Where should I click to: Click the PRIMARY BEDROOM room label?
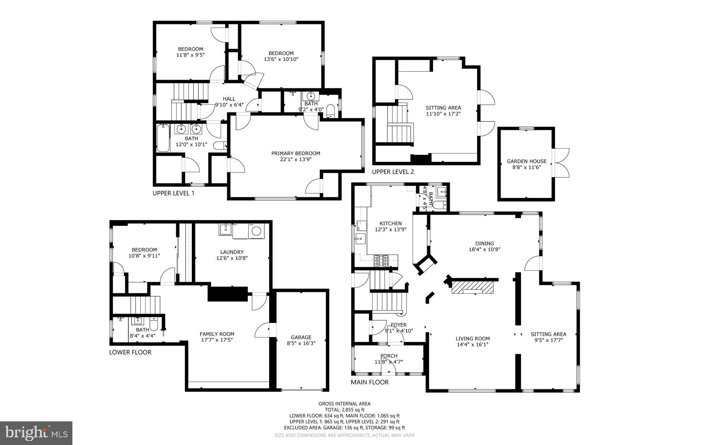click(x=296, y=153)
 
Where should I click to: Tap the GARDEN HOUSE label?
click(x=526, y=161)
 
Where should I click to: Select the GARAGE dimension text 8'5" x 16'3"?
click(x=301, y=343)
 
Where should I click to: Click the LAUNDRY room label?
click(x=232, y=252)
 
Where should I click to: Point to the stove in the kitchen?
click(x=381, y=261)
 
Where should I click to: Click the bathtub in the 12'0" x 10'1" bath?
click(x=163, y=138)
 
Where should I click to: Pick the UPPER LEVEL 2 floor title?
click(x=393, y=172)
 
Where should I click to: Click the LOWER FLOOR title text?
click(x=130, y=352)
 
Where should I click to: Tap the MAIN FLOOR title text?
click(x=369, y=382)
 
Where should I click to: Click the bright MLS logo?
click(x=36, y=433)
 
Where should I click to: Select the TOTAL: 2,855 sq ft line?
click(x=344, y=410)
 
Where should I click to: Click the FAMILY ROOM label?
click(x=217, y=334)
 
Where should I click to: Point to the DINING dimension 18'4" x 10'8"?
click(x=485, y=249)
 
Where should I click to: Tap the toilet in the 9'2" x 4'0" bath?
click(x=330, y=111)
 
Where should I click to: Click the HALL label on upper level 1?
click(x=229, y=99)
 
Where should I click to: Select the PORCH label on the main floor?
click(x=389, y=356)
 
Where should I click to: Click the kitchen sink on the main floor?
click(x=360, y=239)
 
